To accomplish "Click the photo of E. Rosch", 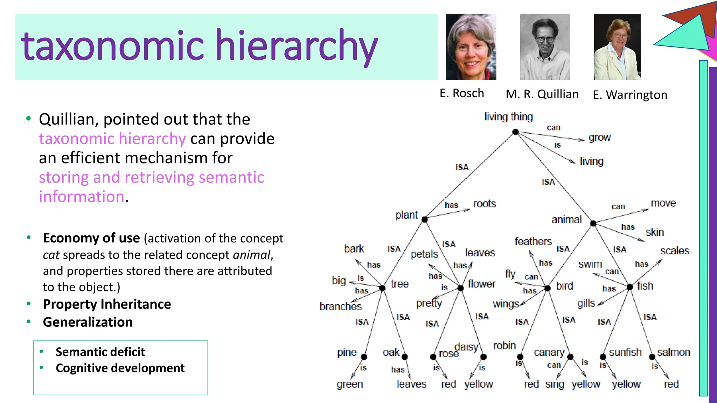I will (471, 47).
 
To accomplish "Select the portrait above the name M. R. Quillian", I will (545, 47).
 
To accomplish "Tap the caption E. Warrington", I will (630, 95).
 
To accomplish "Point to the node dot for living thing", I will (515, 132).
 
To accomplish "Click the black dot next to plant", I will (425, 219).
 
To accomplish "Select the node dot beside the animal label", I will (593, 223).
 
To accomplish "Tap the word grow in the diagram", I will (599, 138).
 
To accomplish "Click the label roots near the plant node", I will (484, 204).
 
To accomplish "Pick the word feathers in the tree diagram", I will (533, 241).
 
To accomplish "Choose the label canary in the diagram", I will (549, 352).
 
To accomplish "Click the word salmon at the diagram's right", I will (673, 352).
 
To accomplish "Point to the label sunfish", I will (625, 352).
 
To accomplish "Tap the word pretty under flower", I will (429, 303).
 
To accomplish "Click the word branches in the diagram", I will (340, 306).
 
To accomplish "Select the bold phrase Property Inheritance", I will (107, 304).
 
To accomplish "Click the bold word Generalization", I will (88, 322).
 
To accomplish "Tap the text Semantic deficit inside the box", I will (100, 352).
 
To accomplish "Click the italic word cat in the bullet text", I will (51, 255).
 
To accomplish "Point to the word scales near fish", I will (674, 251).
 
